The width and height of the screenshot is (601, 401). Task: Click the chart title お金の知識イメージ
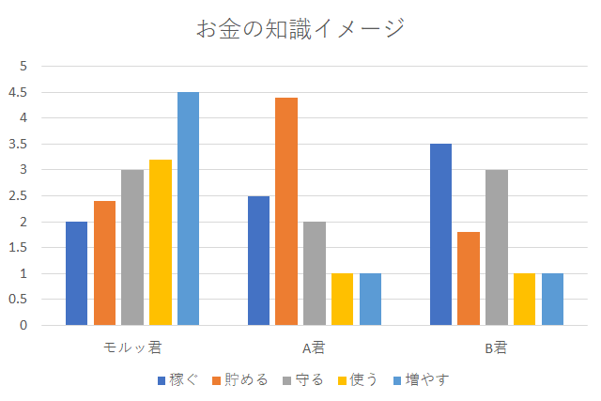tap(300, 28)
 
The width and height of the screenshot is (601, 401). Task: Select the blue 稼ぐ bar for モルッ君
tap(76, 273)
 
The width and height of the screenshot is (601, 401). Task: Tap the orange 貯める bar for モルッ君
tap(104, 263)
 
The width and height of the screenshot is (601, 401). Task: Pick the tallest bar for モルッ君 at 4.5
tap(188, 208)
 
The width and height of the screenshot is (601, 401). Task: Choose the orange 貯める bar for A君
tap(286, 211)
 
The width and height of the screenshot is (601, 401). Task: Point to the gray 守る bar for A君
tap(315, 273)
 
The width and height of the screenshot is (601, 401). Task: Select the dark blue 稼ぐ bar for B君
tap(440, 235)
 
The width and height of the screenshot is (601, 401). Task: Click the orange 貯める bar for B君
tap(469, 279)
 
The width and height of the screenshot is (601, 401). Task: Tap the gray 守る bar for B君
tap(497, 248)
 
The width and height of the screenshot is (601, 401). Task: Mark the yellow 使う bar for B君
tap(524, 300)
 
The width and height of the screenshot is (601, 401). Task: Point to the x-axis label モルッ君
tap(132, 347)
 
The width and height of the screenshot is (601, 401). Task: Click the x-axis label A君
tap(314, 347)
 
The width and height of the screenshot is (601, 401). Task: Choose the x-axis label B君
tap(496, 347)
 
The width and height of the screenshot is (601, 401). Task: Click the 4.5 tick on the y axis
tap(21, 92)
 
